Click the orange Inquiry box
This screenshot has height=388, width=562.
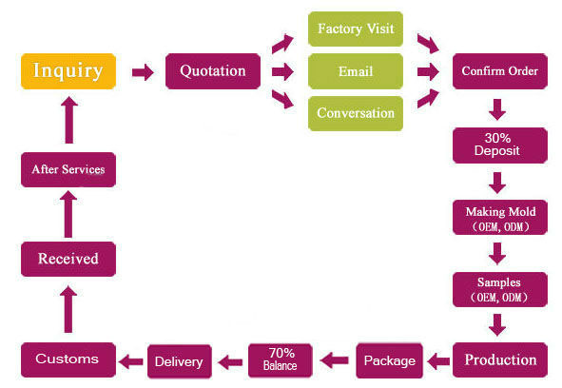68,71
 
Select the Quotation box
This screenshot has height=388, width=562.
213,71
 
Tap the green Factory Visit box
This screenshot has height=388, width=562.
356,29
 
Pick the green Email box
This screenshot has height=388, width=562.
356,71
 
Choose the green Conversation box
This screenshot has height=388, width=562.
356,113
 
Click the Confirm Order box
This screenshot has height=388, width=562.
500,71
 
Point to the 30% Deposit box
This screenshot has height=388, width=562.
500,145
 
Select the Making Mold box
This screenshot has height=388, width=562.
500,218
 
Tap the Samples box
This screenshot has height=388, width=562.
500,289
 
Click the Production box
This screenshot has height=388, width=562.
500,359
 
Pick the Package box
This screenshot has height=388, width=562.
390,360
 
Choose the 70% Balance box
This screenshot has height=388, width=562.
281,360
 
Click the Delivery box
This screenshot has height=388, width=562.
179,361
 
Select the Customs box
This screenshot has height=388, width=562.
68,359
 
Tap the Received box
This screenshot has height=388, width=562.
68,259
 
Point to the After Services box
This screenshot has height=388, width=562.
68,169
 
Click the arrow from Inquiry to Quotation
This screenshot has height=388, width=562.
143,72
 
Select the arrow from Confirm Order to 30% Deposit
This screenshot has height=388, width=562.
497,109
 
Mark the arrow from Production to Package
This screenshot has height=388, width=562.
438,361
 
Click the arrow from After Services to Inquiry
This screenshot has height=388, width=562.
69,120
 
